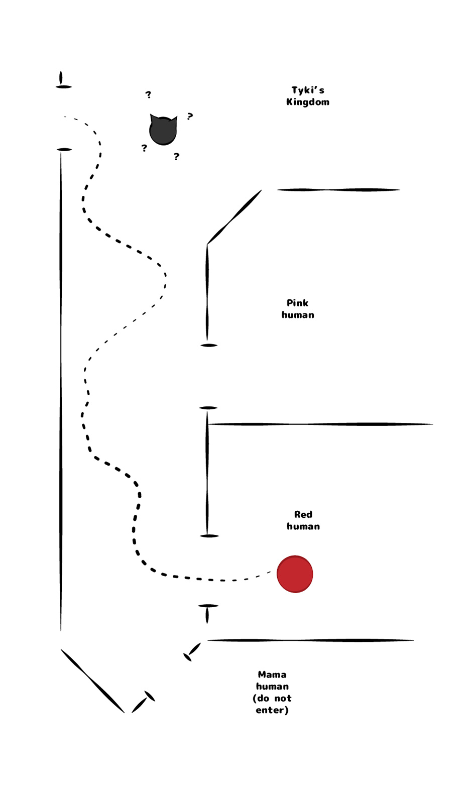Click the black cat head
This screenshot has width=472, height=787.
click(x=163, y=131)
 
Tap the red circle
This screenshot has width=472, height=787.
click(x=295, y=574)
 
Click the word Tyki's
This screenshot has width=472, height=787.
click(x=308, y=90)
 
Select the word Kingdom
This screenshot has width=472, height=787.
click(x=308, y=102)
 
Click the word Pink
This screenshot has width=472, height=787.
click(x=298, y=303)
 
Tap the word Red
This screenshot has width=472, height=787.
click(x=303, y=514)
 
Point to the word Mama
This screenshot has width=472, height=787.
click(x=272, y=674)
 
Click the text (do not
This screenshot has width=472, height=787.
click(x=272, y=698)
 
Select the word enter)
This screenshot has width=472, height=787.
click(x=272, y=710)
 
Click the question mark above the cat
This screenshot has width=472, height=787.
click(x=148, y=94)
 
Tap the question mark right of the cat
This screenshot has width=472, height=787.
click(x=190, y=117)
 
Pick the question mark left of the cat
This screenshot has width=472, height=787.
click(x=144, y=148)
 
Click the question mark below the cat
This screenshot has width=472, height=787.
click(x=176, y=157)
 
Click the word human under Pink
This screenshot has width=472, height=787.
click(x=298, y=315)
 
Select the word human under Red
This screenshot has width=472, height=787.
click(x=303, y=526)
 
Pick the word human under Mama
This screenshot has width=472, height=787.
click(x=272, y=687)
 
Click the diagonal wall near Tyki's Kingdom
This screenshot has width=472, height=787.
click(x=234, y=217)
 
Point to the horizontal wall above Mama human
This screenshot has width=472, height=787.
click(x=310, y=640)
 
